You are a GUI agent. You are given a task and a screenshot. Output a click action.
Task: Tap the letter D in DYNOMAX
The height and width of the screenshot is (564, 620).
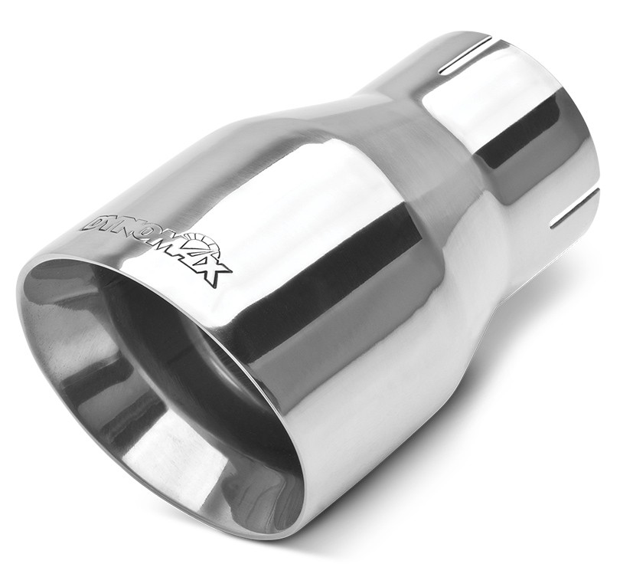tap(93, 223)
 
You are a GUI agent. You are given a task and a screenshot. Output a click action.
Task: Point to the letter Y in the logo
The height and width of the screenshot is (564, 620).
tap(109, 228)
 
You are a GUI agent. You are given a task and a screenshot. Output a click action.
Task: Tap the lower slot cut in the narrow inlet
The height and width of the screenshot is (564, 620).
tap(574, 208)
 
